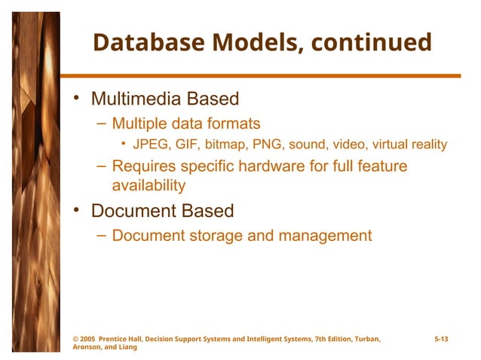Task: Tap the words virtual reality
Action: [x=406, y=144]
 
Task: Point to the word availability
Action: [x=149, y=185]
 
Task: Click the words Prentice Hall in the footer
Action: [x=128, y=340]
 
